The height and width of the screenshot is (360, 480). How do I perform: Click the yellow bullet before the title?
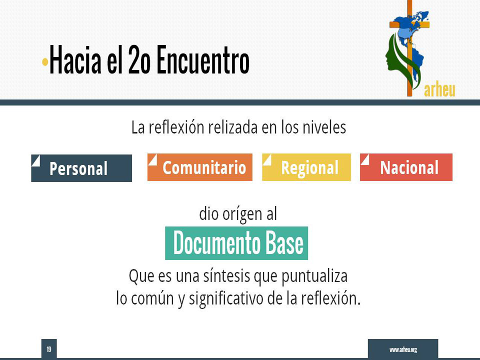coord(45,62)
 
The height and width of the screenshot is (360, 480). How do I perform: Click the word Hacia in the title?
coord(75,59)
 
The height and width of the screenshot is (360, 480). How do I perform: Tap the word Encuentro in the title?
coord(203,59)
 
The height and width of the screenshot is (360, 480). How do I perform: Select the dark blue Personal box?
coord(81,168)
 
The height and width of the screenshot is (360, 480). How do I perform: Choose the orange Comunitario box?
coord(200,167)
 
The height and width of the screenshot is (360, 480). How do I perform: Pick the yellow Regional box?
coord(306,167)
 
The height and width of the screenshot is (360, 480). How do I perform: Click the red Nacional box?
coord(406,167)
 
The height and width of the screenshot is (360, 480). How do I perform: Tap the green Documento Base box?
coord(236,243)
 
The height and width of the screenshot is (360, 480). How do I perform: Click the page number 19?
coord(49,349)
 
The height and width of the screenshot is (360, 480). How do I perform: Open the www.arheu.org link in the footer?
coord(403,349)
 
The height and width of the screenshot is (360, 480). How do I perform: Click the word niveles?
coord(324,127)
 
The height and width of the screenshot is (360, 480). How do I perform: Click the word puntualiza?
coord(314,276)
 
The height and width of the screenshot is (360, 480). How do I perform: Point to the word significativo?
coord(226,298)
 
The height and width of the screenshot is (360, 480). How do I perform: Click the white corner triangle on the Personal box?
coord(36,160)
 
